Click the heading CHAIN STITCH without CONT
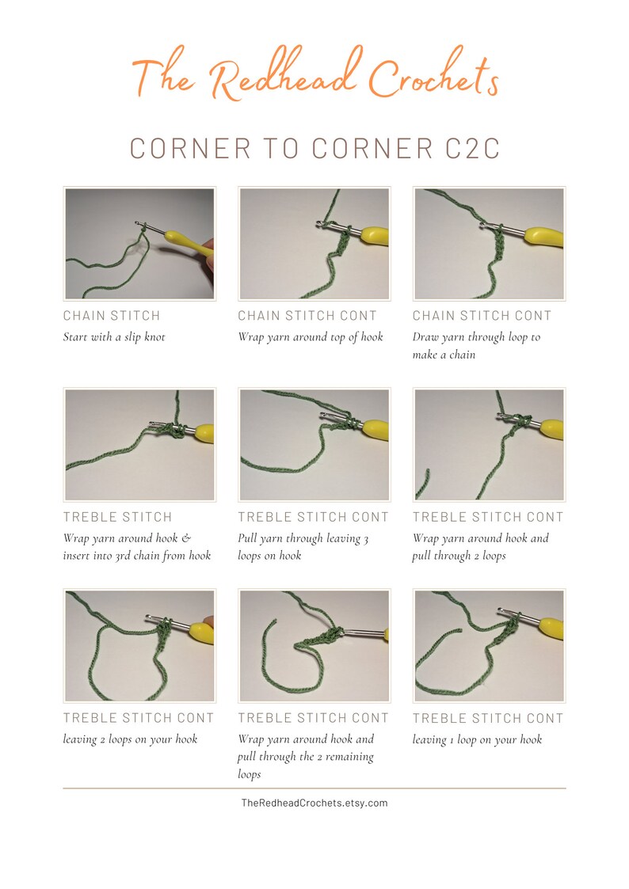tap(112, 316)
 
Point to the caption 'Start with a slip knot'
tap(114, 337)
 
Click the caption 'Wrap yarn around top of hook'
tap(311, 337)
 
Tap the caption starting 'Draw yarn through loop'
tap(476, 346)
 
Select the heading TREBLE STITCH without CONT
tap(117, 517)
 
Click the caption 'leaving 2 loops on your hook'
tap(130, 739)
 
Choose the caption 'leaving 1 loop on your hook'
tap(477, 739)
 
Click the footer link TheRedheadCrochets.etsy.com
tap(314, 803)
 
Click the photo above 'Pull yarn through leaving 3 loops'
tap(314, 445)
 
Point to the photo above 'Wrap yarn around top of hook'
tap(314, 244)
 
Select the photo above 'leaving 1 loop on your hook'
tap(489, 646)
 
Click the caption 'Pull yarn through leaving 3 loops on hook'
tap(303, 547)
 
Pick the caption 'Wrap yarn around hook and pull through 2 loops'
tap(480, 547)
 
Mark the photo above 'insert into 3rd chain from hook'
tap(139, 445)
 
